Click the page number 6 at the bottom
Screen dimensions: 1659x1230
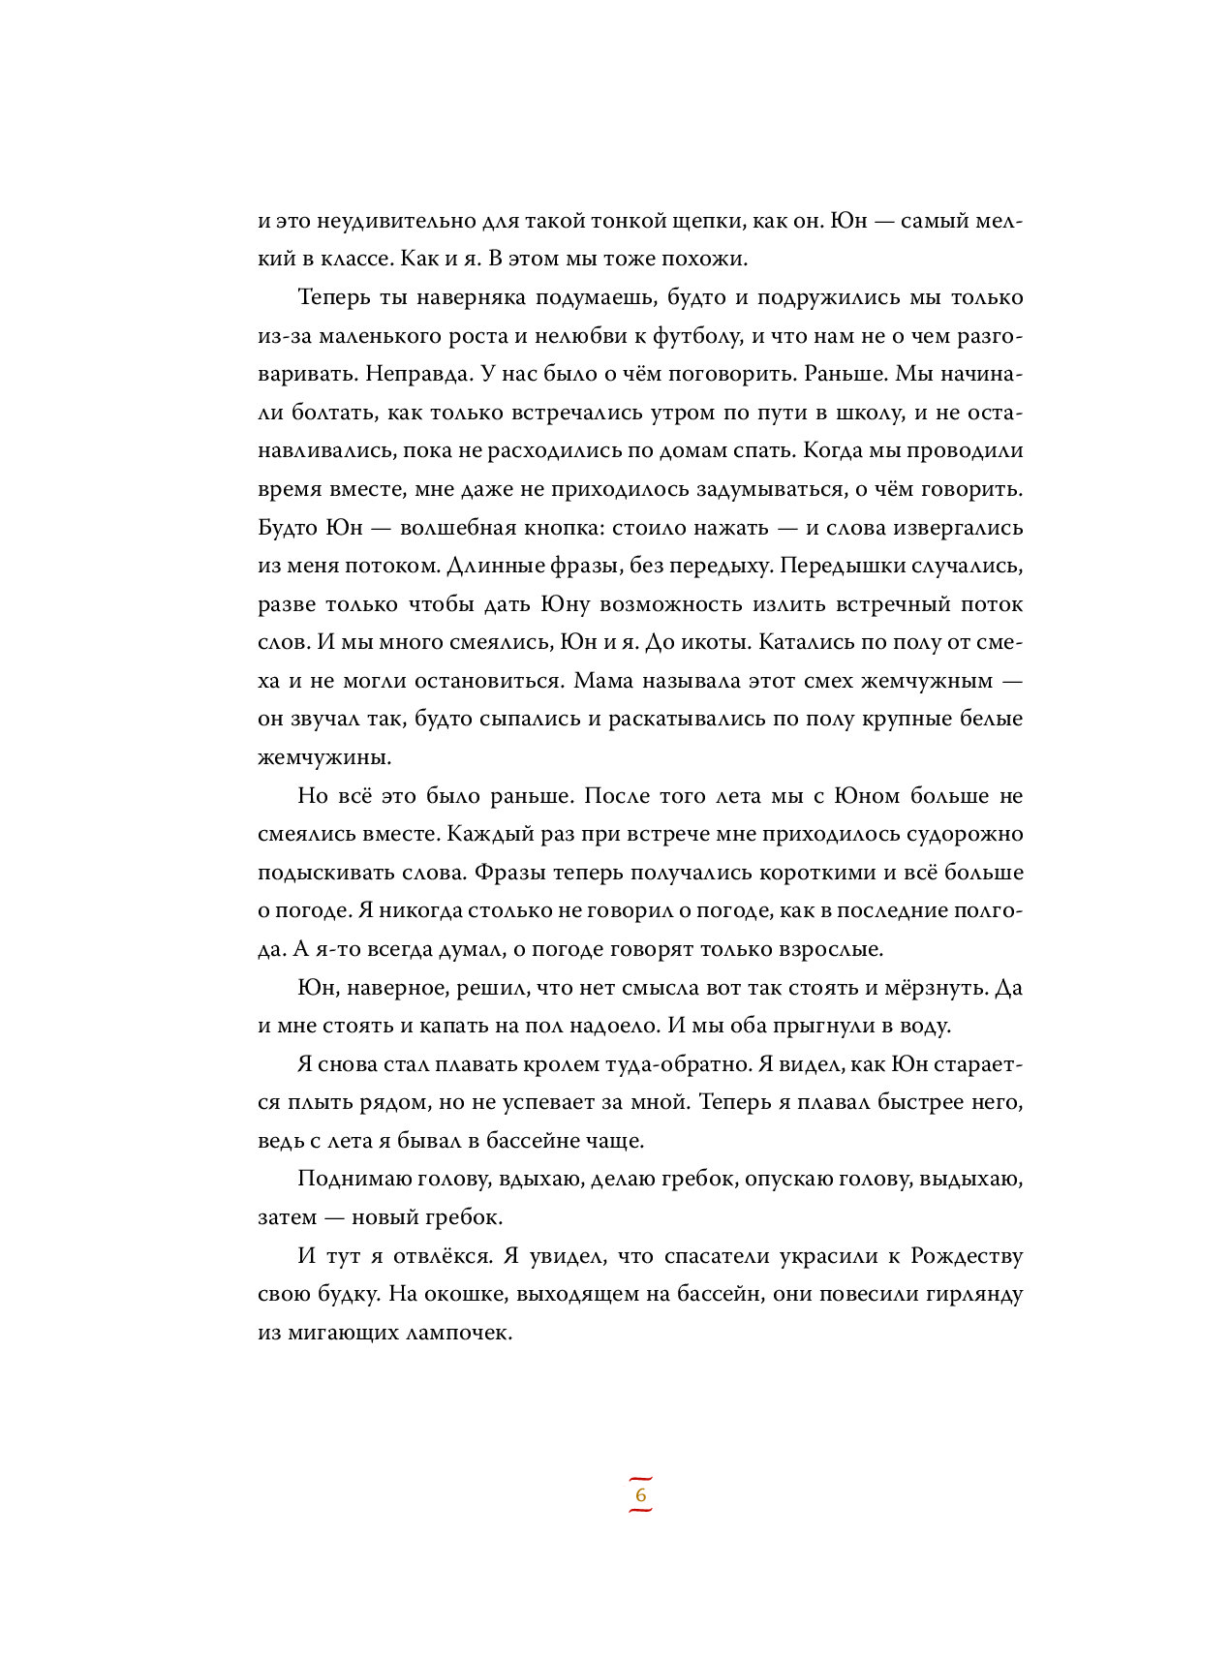coord(640,1495)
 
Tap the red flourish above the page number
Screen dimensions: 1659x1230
coord(640,1479)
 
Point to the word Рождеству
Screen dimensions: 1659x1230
coord(967,1256)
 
